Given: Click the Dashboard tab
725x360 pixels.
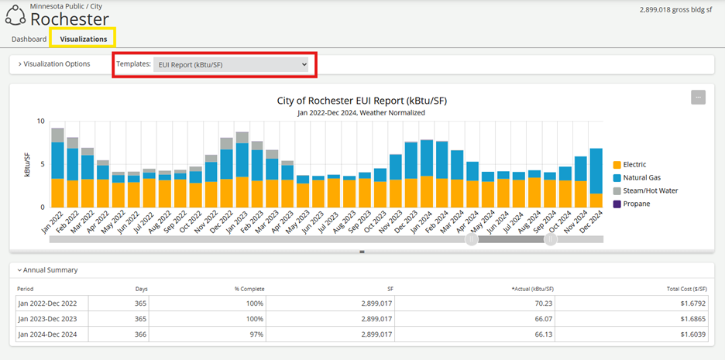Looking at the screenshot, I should point(29,39).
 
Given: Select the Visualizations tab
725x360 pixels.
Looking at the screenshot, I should point(83,39).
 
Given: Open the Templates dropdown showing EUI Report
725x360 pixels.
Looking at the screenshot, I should point(231,65).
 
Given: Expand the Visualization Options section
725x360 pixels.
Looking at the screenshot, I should point(54,64).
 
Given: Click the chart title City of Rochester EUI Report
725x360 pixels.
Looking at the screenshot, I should point(362,101).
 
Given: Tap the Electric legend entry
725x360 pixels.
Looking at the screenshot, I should point(634,164).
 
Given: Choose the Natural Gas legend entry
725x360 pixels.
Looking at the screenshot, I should point(641,177).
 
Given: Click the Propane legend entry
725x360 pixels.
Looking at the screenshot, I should point(637,204).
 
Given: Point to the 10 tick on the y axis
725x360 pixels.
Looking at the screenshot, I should point(40,122).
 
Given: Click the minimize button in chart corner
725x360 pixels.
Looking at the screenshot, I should point(698,97).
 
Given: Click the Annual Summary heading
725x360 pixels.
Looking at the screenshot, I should point(50,270).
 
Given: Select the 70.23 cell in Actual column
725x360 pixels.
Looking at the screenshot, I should point(542,303).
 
